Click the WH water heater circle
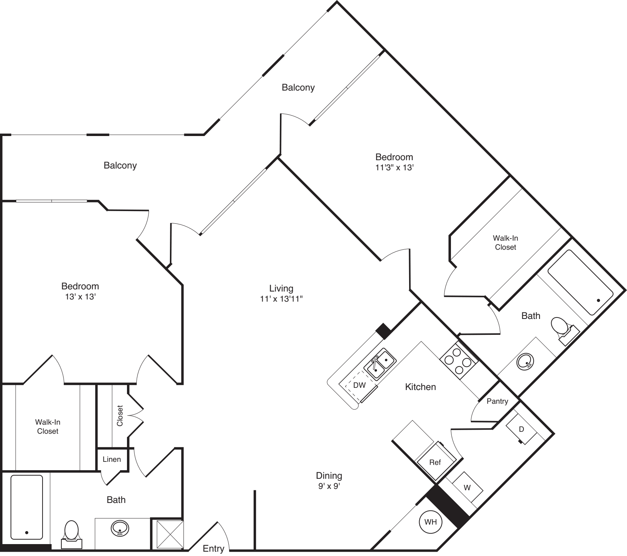(x=430, y=522)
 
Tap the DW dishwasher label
(x=359, y=385)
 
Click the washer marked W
(x=467, y=487)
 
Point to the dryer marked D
(x=521, y=430)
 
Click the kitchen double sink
(x=380, y=364)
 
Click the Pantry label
(x=497, y=401)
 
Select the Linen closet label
(x=112, y=459)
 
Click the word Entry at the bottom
(x=214, y=548)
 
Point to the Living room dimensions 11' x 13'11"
(x=281, y=299)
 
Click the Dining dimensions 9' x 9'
(x=329, y=486)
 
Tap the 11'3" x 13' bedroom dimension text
(x=394, y=167)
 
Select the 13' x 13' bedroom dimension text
(x=80, y=297)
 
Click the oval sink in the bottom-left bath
(x=120, y=529)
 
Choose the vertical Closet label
(x=120, y=416)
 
